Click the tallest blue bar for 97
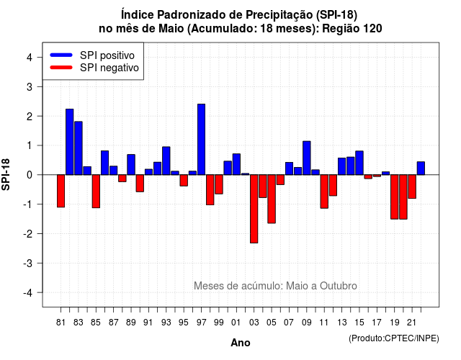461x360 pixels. [202, 139]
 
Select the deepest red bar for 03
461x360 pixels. [254, 209]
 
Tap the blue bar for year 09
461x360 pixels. [307, 158]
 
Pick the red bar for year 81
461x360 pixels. [61, 191]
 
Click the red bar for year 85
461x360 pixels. [96, 192]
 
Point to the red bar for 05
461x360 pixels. [272, 199]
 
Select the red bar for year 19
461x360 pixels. [395, 197]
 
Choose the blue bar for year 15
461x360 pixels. [359, 163]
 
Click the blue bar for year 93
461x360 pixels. [166, 161]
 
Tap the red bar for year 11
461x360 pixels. [324, 192]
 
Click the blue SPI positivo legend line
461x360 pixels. [61, 55]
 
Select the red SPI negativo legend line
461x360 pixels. [61, 67]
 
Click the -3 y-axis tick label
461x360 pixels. [28, 263]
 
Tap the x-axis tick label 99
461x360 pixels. [219, 323]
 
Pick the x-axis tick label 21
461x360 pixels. [412, 323]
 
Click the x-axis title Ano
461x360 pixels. [241, 343]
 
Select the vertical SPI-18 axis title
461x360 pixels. [6, 174]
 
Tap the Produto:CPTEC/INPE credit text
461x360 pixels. [394, 338]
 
